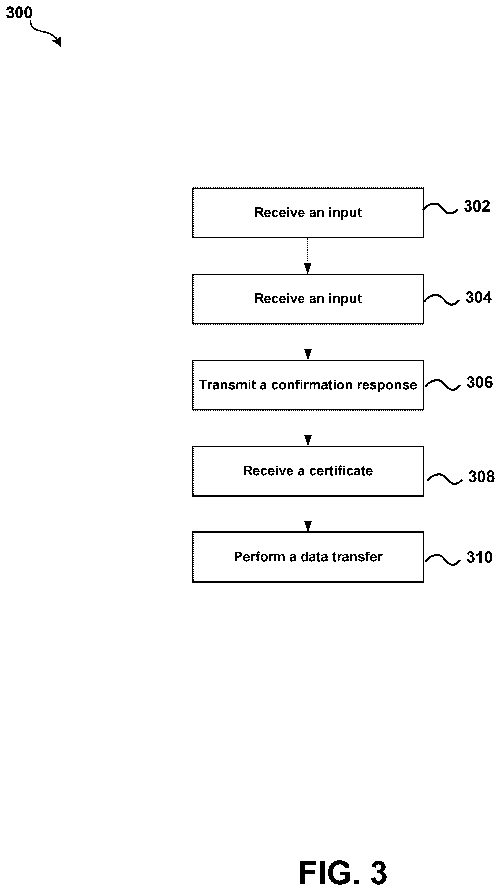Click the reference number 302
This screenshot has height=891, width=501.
[x=477, y=206]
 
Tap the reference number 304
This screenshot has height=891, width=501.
[x=479, y=297]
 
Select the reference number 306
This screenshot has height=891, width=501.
[x=480, y=382]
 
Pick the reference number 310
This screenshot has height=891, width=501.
[x=480, y=557]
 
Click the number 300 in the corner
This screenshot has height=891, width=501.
[x=19, y=13]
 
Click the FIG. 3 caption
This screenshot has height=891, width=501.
[x=343, y=873]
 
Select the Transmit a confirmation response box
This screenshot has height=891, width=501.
[x=308, y=385]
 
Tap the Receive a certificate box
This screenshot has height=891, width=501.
[x=308, y=471]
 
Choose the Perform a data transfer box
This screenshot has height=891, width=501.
[x=308, y=557]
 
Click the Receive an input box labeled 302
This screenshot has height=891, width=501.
[x=308, y=213]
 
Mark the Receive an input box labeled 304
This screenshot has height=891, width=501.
[x=308, y=299]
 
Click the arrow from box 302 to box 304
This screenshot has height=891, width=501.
[x=308, y=256]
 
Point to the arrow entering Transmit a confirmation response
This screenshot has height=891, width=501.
[x=308, y=342]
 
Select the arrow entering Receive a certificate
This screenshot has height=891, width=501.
[x=308, y=428]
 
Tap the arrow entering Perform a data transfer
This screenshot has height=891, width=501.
[x=308, y=514]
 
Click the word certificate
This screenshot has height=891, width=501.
[x=341, y=471]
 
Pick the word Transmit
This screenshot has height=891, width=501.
[x=227, y=384]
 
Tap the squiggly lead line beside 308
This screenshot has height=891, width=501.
[x=444, y=479]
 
